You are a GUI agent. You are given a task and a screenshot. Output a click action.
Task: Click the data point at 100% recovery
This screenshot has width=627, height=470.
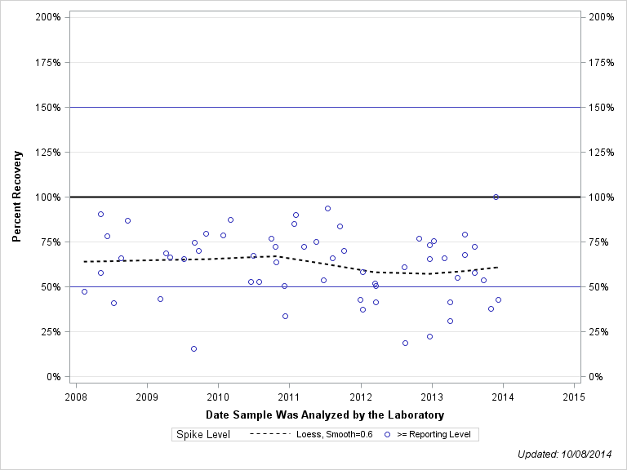(x=496, y=197)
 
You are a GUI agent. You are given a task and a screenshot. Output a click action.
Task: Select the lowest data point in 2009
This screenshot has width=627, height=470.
(x=193, y=348)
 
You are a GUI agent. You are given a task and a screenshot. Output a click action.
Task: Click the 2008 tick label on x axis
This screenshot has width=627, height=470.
(x=76, y=397)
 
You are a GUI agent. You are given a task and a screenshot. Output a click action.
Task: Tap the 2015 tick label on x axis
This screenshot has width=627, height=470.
(x=574, y=397)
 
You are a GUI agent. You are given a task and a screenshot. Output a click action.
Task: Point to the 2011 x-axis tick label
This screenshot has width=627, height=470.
(x=289, y=397)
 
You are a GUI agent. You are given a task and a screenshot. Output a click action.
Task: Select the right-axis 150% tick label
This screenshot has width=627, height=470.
(x=601, y=107)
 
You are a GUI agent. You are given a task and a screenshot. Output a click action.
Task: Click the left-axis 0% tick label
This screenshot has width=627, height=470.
(x=54, y=377)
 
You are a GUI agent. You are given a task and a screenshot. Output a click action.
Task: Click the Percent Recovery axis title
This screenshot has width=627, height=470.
(x=17, y=196)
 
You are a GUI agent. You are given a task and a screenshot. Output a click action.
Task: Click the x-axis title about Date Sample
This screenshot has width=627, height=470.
(x=325, y=415)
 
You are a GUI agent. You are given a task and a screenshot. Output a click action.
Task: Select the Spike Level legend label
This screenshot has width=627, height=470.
(x=203, y=435)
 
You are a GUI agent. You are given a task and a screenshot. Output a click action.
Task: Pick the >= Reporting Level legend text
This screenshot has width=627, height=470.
(x=434, y=435)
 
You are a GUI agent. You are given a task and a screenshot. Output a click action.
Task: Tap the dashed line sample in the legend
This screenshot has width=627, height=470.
(x=269, y=435)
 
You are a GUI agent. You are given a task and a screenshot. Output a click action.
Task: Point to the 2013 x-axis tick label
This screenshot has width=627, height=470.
(x=432, y=397)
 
